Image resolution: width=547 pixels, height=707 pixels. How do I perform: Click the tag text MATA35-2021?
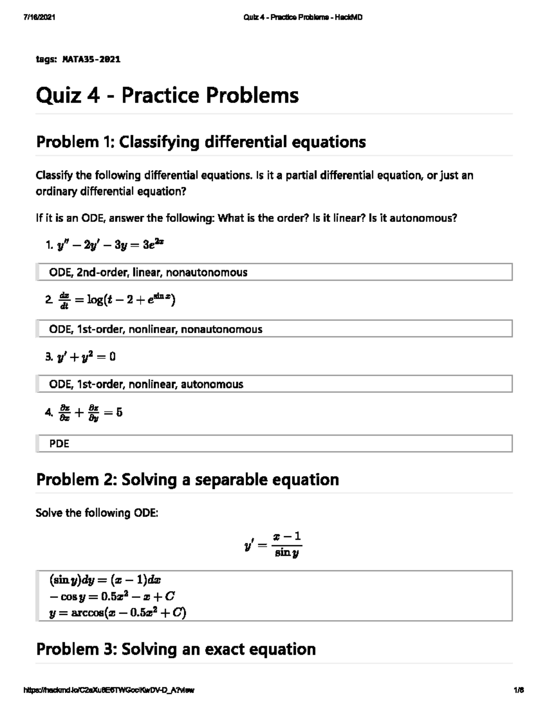click(x=91, y=60)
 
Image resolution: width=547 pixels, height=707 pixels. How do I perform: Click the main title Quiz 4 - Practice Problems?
click(x=167, y=96)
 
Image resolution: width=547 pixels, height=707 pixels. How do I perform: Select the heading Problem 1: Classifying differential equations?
click(x=201, y=142)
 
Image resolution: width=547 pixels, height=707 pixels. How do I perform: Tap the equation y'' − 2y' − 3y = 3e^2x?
click(x=110, y=245)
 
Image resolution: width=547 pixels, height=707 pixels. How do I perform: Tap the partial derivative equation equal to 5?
click(x=90, y=412)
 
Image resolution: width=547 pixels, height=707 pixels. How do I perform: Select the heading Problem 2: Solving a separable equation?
click(x=187, y=479)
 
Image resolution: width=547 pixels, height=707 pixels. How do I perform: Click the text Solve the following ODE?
click(x=97, y=513)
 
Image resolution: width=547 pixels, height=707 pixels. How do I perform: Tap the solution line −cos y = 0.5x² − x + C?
click(x=112, y=596)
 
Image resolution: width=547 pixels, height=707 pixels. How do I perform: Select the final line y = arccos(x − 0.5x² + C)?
click(x=118, y=613)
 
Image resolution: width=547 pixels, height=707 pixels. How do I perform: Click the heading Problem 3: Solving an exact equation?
click(x=175, y=649)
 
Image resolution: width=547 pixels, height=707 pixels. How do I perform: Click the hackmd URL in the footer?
click(x=108, y=690)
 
